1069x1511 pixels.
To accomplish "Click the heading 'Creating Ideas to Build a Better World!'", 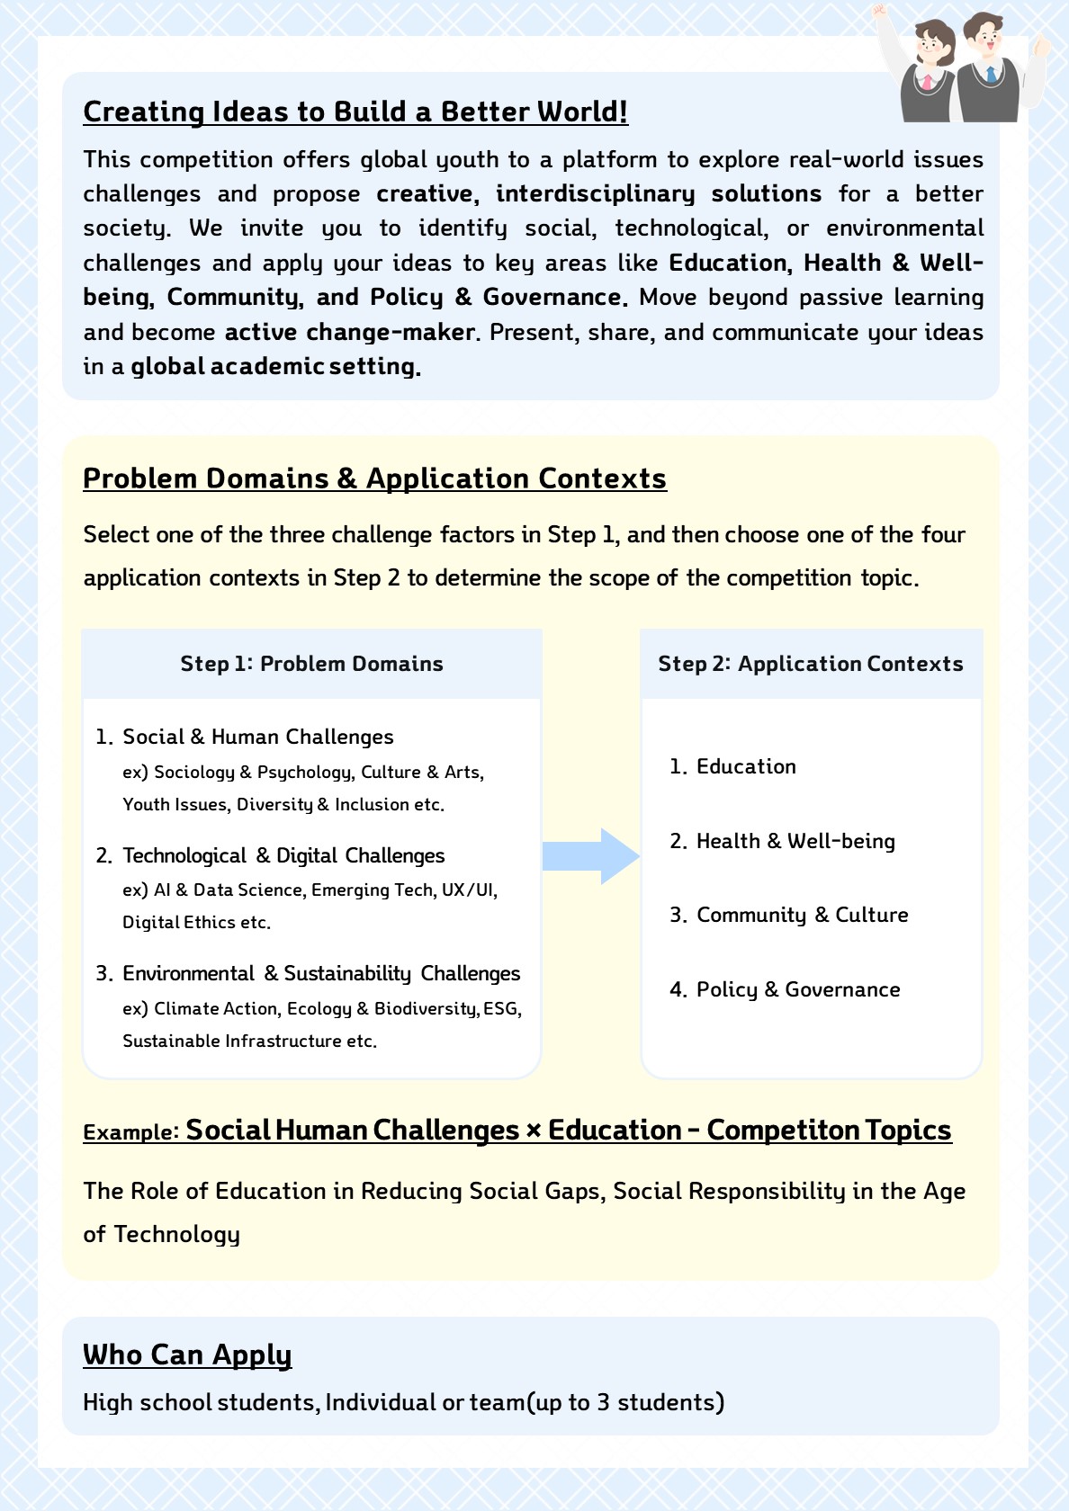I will [x=355, y=112].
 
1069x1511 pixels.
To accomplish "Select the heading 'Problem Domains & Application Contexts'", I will [x=374, y=478].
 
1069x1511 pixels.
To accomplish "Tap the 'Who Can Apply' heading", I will [x=187, y=1355].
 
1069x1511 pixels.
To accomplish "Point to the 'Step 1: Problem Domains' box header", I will [x=311, y=664].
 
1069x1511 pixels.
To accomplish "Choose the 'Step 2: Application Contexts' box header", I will [x=811, y=664].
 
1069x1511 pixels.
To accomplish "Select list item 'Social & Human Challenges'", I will [x=257, y=738].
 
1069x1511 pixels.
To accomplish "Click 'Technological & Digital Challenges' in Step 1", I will [x=283, y=855].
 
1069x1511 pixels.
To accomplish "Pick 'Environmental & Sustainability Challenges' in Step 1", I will [x=321, y=973].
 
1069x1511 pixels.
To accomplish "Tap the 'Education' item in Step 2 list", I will [x=746, y=766].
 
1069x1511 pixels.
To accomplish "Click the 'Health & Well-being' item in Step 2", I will [x=795, y=841].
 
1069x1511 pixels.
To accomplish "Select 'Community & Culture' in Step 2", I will [x=802, y=915].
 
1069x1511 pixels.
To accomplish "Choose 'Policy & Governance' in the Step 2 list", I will [x=798, y=989].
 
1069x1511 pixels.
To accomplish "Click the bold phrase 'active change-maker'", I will [x=349, y=332].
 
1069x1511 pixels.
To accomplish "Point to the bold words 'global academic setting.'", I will [x=275, y=367].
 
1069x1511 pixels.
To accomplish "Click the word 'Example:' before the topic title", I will [x=131, y=1132].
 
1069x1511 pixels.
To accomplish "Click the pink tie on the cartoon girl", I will [x=928, y=82].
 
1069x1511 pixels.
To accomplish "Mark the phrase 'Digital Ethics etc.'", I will [x=196, y=922].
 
